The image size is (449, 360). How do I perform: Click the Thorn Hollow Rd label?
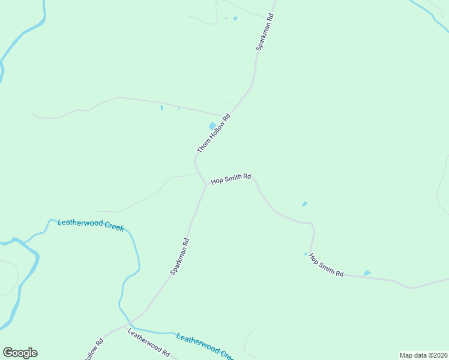tap(214, 133)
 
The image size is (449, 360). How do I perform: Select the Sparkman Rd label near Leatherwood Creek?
tap(179, 256)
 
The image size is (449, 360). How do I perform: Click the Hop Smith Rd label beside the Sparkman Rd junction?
tap(231, 179)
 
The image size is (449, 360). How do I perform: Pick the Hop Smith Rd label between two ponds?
tap(326, 264)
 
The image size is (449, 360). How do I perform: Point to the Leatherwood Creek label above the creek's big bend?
tap(90, 225)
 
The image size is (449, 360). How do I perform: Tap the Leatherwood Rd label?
tap(148, 342)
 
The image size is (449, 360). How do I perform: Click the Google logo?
tap(20, 353)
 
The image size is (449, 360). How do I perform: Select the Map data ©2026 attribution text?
tap(423, 355)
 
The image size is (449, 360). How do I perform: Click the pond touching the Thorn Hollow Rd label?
tap(212, 126)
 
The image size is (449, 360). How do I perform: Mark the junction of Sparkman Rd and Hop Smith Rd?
tap(205, 185)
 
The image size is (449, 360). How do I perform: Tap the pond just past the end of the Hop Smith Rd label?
tap(367, 274)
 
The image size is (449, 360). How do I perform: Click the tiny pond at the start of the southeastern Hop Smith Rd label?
tap(306, 254)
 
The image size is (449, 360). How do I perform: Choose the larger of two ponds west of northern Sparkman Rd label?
tap(235, 18)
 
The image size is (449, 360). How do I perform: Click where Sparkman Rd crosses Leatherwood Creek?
tap(128, 324)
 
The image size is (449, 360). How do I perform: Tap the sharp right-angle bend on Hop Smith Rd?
tap(312, 224)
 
